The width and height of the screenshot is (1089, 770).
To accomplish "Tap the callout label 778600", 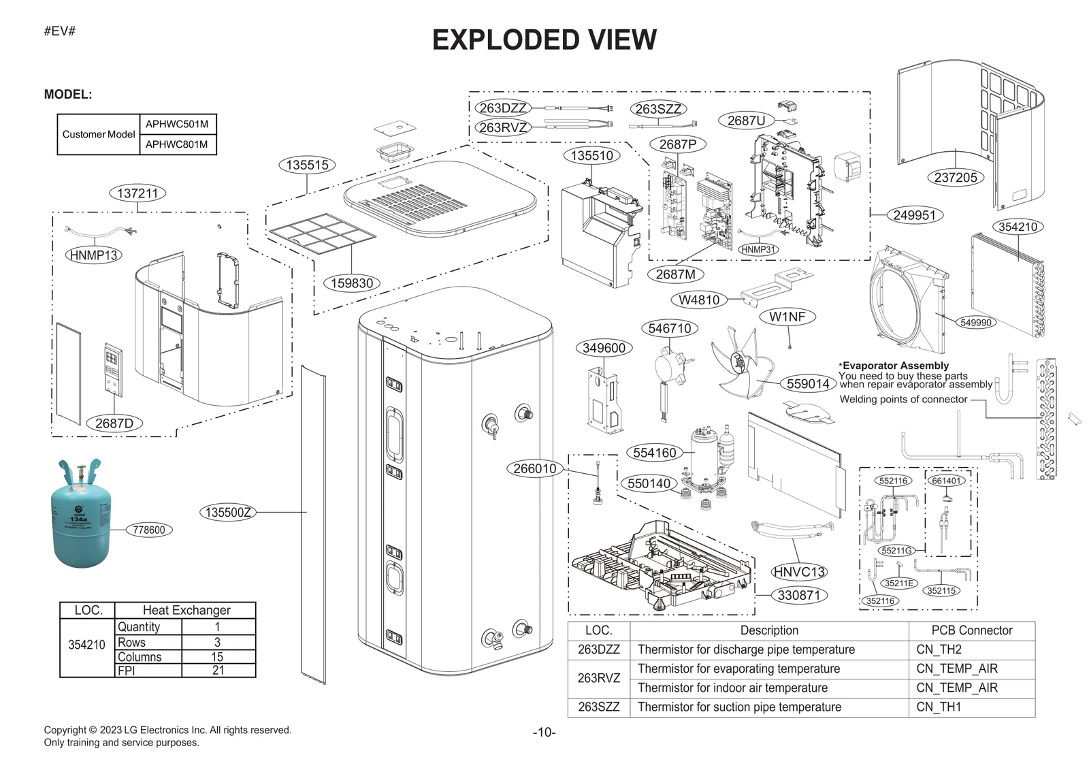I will pyautogui.click(x=149, y=530).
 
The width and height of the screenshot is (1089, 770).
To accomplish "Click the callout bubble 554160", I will pyautogui.click(x=654, y=453).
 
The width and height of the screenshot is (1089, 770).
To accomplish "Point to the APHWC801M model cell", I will pyautogui.click(x=177, y=144).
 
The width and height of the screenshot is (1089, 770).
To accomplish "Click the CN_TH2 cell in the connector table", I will pyautogui.click(x=939, y=649).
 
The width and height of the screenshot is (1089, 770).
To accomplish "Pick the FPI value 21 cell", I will pyautogui.click(x=218, y=671).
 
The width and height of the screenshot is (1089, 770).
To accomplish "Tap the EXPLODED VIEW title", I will pyautogui.click(x=544, y=39).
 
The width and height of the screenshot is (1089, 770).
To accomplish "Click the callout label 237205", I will pyautogui.click(x=956, y=178).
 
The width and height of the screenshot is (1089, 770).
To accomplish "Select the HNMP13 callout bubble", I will pyautogui.click(x=94, y=255).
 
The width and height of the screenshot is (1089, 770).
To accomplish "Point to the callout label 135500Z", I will pyautogui.click(x=229, y=513).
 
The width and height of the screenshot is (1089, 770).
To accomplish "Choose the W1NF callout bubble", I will pyautogui.click(x=787, y=317).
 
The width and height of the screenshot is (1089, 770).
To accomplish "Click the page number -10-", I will pyautogui.click(x=544, y=733).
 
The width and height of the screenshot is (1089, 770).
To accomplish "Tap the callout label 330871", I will pyautogui.click(x=799, y=595).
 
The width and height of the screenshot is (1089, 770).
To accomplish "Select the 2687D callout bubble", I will pyautogui.click(x=114, y=423).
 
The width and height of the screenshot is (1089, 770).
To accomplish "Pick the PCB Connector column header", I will pyautogui.click(x=971, y=630).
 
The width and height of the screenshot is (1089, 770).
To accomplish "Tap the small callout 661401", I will pyautogui.click(x=946, y=481).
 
